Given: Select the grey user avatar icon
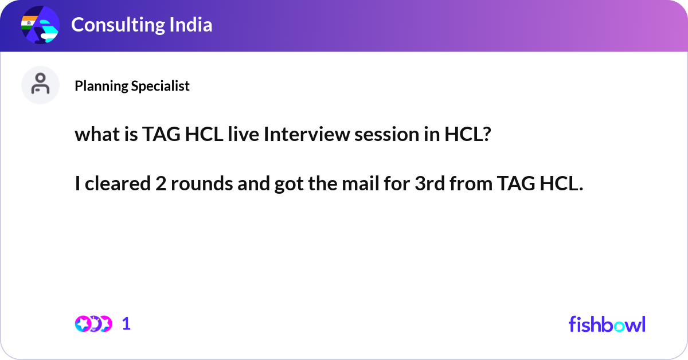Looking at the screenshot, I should point(40,85).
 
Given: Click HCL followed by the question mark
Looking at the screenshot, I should point(466,135).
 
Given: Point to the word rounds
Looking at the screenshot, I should point(198,184).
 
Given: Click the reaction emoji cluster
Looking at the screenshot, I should point(93,324).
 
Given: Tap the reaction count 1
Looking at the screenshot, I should point(126,324).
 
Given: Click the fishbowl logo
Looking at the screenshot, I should point(607,324).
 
